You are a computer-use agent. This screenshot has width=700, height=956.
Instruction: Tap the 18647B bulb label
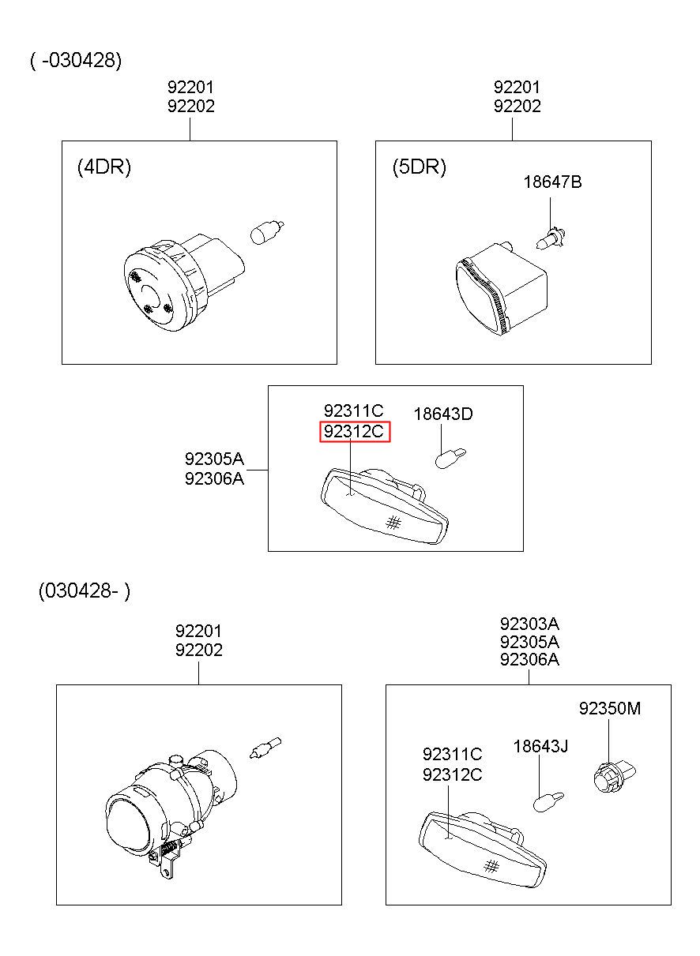click(x=552, y=182)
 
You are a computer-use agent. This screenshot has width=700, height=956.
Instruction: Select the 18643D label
click(x=443, y=414)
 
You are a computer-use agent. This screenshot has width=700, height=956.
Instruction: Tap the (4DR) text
click(x=103, y=167)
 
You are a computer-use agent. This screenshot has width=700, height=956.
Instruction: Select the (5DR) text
click(x=419, y=167)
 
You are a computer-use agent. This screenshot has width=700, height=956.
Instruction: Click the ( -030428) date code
click(x=76, y=60)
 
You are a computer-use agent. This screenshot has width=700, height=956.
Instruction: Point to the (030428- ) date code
click(x=84, y=591)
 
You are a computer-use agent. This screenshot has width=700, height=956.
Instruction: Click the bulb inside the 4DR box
click(x=266, y=233)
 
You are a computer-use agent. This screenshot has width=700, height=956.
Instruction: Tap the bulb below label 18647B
click(x=550, y=239)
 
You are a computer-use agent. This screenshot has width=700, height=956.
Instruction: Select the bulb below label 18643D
click(x=450, y=458)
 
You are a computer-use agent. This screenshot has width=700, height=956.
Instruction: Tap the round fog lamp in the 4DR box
click(x=184, y=282)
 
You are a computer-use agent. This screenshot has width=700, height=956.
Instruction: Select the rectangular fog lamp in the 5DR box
click(x=501, y=289)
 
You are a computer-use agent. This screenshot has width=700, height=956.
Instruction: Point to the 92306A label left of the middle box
click(x=214, y=478)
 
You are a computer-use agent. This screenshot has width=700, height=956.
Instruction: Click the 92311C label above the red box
click(x=353, y=411)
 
